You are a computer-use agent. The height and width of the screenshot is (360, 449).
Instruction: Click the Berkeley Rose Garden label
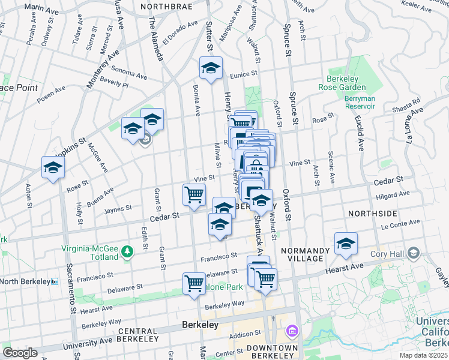[x=343, y=83]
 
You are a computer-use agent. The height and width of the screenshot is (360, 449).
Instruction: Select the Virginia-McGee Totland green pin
[x=127, y=251]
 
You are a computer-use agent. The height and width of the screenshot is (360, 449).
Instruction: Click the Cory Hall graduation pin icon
[x=413, y=253]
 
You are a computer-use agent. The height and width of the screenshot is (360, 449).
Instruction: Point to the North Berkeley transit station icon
[x=54, y=281]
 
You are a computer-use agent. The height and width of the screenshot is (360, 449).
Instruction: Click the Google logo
[x=20, y=353]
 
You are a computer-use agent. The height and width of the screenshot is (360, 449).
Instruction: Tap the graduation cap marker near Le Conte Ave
[x=346, y=243]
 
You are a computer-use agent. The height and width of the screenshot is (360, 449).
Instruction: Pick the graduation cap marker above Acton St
[x=53, y=168]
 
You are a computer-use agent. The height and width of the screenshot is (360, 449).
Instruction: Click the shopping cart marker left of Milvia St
[x=194, y=194]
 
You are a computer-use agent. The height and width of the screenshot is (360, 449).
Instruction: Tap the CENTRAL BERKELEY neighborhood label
[x=137, y=331]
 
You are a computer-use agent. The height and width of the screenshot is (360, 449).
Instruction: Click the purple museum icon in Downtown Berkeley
[x=293, y=331]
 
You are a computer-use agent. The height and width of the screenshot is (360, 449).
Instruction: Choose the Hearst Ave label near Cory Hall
[x=345, y=269]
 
